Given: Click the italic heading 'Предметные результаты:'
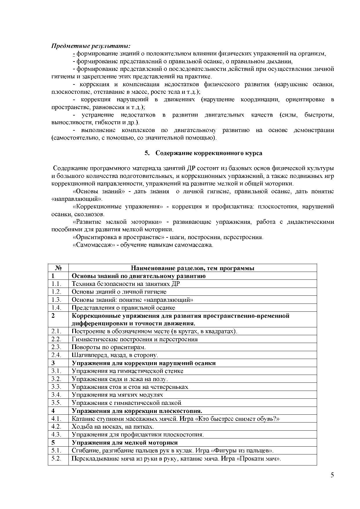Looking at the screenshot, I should [91, 46].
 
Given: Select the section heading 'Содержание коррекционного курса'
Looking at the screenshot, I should [209, 153].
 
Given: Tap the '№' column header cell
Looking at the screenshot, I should [58, 268].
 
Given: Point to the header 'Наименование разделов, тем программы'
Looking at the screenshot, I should [192, 268].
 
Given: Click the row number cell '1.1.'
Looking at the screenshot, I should [56, 284].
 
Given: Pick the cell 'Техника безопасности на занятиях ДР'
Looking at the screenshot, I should [126, 284].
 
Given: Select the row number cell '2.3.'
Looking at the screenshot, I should [56, 347].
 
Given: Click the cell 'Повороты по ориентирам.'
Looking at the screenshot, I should [108, 347].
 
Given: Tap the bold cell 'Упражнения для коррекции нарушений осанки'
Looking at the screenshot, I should [144, 363].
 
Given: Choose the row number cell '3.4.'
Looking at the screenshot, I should [56, 395].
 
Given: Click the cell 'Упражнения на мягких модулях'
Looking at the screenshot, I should [117, 395].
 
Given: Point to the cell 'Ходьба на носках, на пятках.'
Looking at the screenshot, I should [113, 427].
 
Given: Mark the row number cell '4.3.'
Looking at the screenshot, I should [56, 434].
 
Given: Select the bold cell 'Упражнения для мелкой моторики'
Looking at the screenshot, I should [125, 443].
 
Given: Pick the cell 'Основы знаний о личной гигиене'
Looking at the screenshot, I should [119, 292].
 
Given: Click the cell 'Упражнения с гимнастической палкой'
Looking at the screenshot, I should [126, 403].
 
